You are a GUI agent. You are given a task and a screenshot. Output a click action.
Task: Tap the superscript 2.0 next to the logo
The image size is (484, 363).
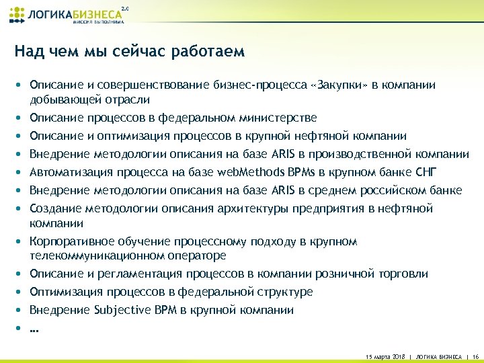point(124,8)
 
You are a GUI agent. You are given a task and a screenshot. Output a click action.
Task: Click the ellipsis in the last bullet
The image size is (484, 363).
point(34,329)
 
